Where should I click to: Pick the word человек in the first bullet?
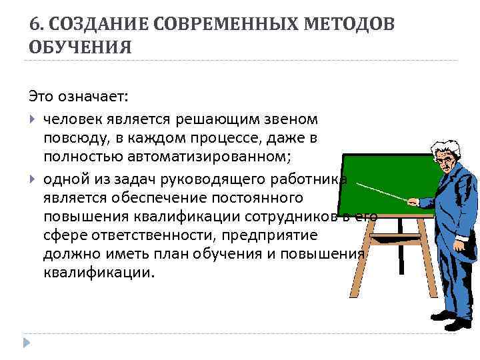click(73, 119)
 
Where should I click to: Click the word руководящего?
click(212, 178)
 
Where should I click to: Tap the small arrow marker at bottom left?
click(27, 342)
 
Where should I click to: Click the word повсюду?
click(73, 138)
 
